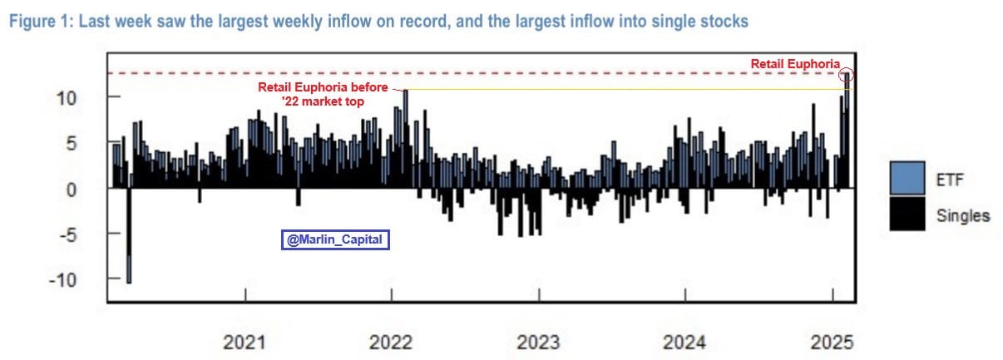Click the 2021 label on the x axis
coord(245,341)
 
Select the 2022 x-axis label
coord(391,341)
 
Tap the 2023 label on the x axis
coord(538,341)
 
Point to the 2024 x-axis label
coord(684,341)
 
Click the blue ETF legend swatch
coord(907,178)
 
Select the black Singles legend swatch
coord(907,214)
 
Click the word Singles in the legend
coord(963,215)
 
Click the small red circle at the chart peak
coord(847,74)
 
